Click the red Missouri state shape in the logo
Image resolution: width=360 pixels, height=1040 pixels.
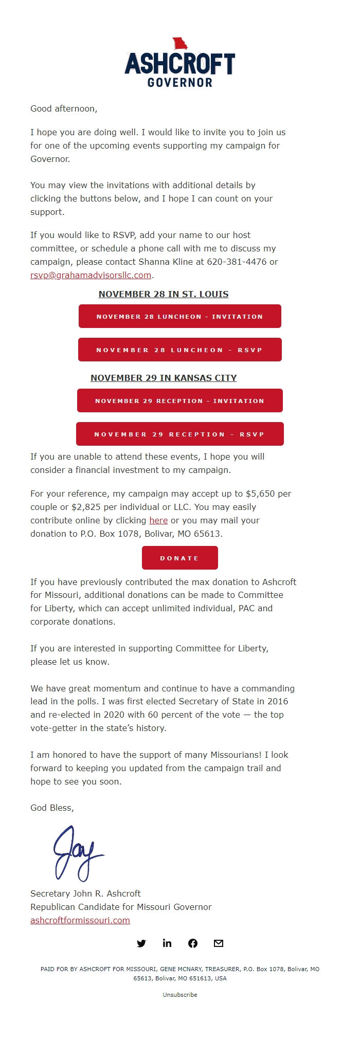(179, 44)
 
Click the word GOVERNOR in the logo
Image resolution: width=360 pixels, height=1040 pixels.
(179, 82)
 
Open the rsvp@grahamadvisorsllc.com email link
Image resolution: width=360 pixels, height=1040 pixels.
(91, 275)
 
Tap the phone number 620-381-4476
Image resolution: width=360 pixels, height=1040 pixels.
(237, 262)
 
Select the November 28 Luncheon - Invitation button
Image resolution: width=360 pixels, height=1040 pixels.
(179, 316)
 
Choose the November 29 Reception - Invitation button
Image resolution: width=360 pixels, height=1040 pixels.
(179, 400)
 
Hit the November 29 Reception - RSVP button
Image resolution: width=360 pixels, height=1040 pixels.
(179, 434)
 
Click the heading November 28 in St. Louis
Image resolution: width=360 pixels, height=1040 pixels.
(164, 294)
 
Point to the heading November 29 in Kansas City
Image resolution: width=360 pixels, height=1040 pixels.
(164, 378)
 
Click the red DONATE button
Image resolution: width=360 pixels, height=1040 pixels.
(179, 558)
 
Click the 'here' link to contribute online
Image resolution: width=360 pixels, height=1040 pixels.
(158, 520)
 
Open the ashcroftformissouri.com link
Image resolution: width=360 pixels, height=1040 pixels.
(80, 920)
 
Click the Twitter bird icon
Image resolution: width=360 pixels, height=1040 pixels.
(141, 943)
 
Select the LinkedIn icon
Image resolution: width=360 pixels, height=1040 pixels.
(167, 943)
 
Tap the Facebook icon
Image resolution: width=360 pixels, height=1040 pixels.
(193, 943)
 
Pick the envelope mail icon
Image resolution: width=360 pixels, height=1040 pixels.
(219, 943)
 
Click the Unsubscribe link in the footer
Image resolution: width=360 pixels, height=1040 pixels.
(180, 995)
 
